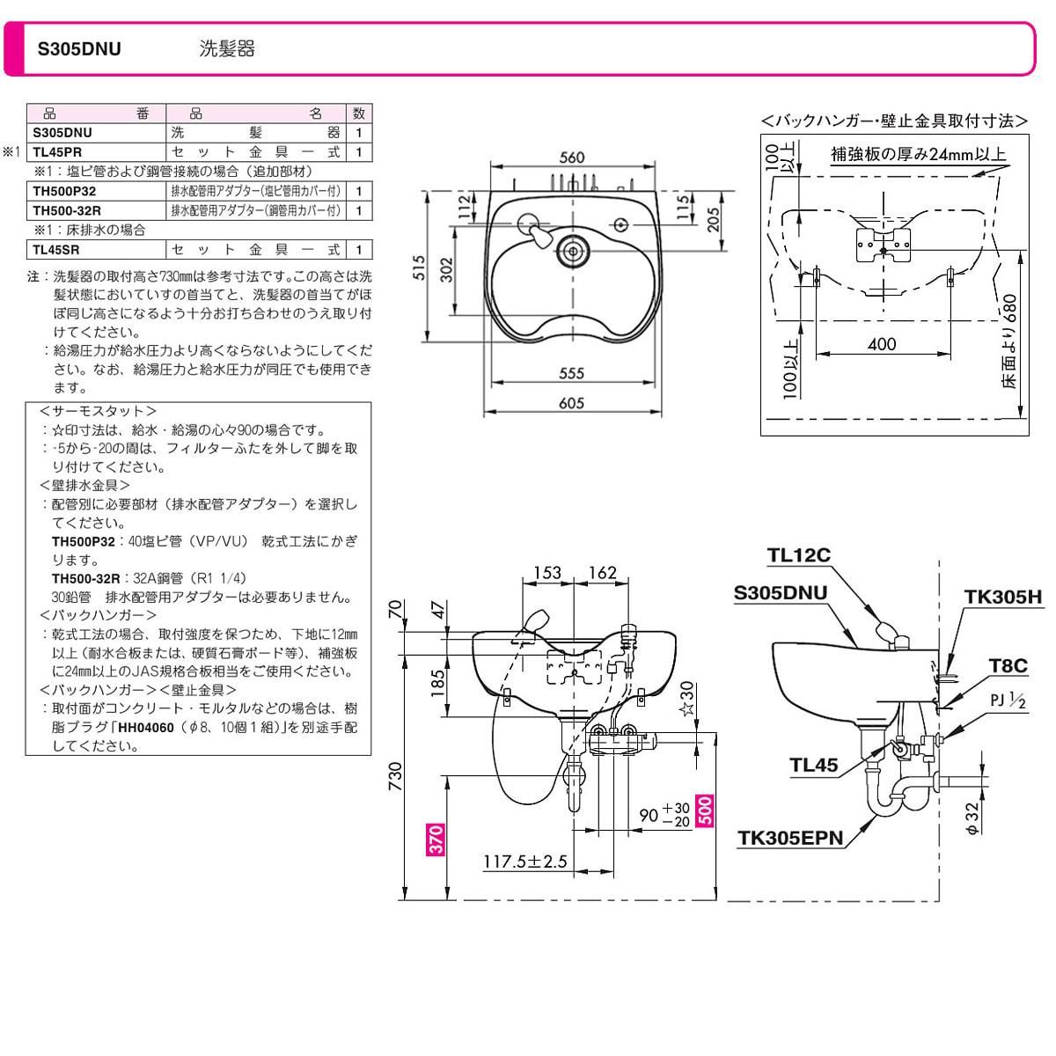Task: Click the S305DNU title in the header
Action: [x=79, y=49]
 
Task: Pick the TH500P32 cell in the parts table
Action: [x=65, y=191]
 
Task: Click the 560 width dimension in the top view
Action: [x=572, y=158]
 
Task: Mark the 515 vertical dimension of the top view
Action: [x=420, y=267]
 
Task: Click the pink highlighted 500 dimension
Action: [x=705, y=810]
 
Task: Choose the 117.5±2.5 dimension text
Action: [x=524, y=862]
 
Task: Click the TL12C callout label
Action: [x=798, y=555]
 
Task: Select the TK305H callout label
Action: [x=1002, y=598]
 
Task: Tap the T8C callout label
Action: [x=1007, y=666]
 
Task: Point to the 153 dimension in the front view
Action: [x=547, y=573]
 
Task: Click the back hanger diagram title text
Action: [x=894, y=121]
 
